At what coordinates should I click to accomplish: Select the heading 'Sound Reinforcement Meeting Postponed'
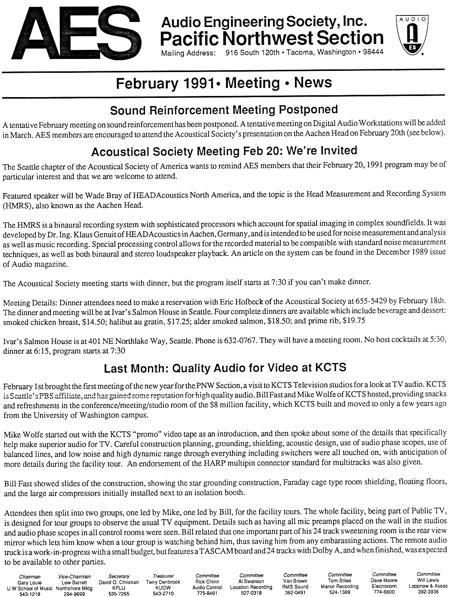tap(224, 110)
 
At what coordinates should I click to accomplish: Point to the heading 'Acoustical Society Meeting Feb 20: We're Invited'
tap(224, 151)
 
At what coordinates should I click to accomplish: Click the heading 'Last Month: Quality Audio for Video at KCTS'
tap(225, 368)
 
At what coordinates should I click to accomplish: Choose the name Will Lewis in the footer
tap(428, 580)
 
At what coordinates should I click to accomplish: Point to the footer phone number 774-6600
tap(384, 591)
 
